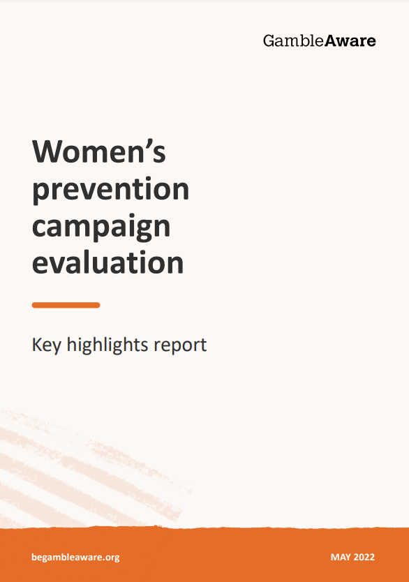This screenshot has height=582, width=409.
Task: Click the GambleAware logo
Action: click(319, 40)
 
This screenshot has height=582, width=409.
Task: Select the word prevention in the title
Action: click(110, 190)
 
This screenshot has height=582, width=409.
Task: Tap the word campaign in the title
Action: click(101, 227)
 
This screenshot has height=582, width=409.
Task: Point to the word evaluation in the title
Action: click(108, 262)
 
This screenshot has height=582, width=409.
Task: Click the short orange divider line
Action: click(66, 305)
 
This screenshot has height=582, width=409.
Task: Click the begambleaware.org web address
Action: click(75, 557)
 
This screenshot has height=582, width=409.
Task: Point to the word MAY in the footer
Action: click(341, 557)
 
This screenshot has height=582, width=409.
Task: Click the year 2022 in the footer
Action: click(364, 557)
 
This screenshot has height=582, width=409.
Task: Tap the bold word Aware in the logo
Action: click(350, 40)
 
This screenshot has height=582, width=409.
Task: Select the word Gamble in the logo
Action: click(294, 40)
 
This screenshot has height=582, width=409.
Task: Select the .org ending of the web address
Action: click(111, 558)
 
